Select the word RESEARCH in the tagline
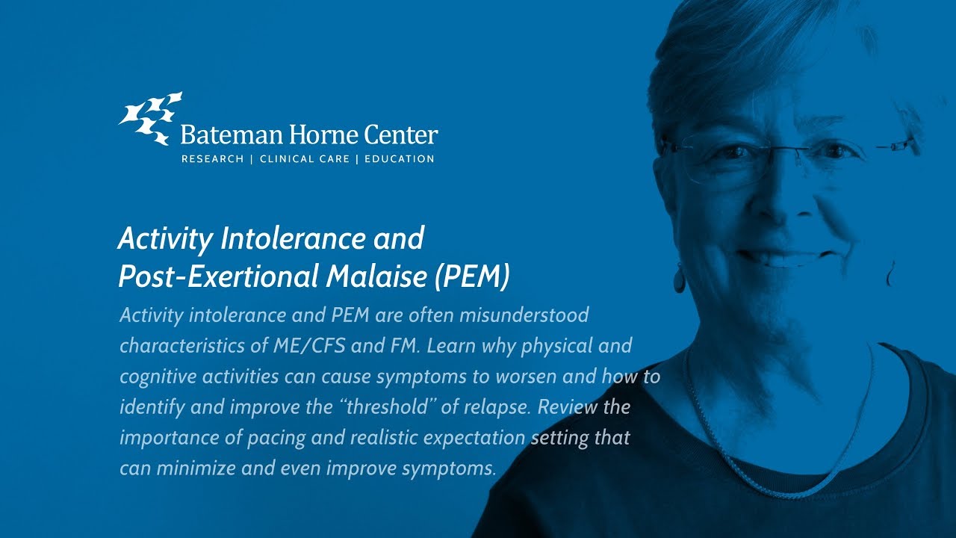(212, 159)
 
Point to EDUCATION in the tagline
(399, 159)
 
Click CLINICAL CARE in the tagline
(304, 159)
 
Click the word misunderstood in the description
(524, 315)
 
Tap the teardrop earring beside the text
(679, 278)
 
